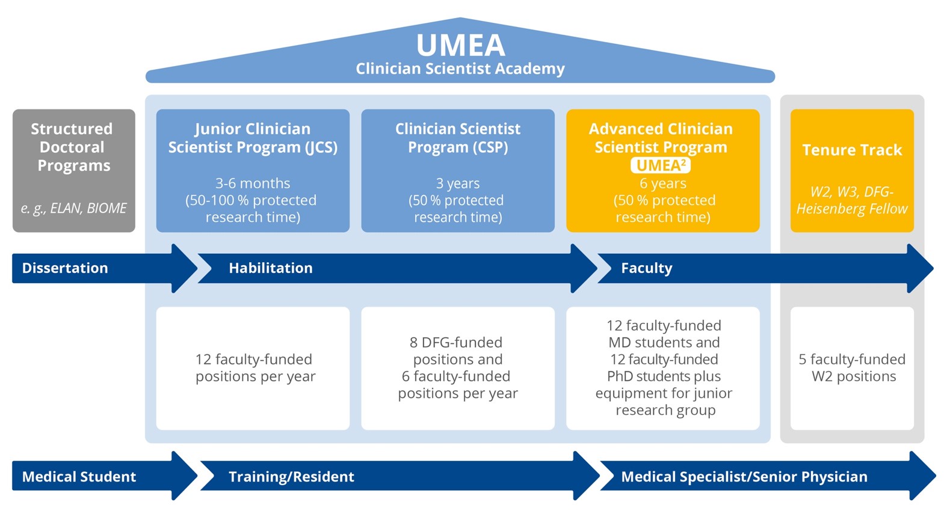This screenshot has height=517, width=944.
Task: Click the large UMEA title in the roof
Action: (460, 45)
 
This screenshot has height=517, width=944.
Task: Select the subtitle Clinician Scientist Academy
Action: (460, 69)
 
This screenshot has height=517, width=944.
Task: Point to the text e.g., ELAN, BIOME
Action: (73, 209)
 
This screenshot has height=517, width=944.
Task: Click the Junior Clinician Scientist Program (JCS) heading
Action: (253, 138)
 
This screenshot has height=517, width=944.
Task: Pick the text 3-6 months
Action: (253, 183)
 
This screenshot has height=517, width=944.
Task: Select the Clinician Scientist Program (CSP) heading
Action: (458, 138)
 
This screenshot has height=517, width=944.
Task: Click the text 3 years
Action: (458, 183)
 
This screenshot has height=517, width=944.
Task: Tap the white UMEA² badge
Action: (661, 165)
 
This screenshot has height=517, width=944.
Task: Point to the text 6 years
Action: (662, 183)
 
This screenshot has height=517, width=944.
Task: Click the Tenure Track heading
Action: (852, 150)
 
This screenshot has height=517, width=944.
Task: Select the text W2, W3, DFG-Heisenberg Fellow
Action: (852, 200)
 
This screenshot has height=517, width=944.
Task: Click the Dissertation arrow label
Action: (65, 268)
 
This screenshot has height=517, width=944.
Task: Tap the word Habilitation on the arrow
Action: (271, 268)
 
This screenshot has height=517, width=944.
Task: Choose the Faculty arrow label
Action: (647, 268)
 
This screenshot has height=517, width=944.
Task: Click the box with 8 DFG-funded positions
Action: (458, 368)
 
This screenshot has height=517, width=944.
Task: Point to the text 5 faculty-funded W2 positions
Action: (852, 368)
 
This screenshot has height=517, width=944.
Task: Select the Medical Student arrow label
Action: (79, 477)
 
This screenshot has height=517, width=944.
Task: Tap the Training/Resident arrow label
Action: (291, 477)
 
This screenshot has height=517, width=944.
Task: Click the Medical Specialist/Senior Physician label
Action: (744, 477)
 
